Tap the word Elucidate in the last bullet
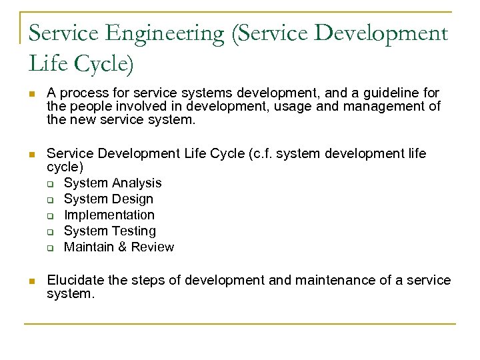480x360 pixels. pyautogui.click(x=75, y=280)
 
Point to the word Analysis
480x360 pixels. pyautogui.click(x=138, y=183)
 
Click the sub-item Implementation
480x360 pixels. pyautogui.click(x=109, y=215)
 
